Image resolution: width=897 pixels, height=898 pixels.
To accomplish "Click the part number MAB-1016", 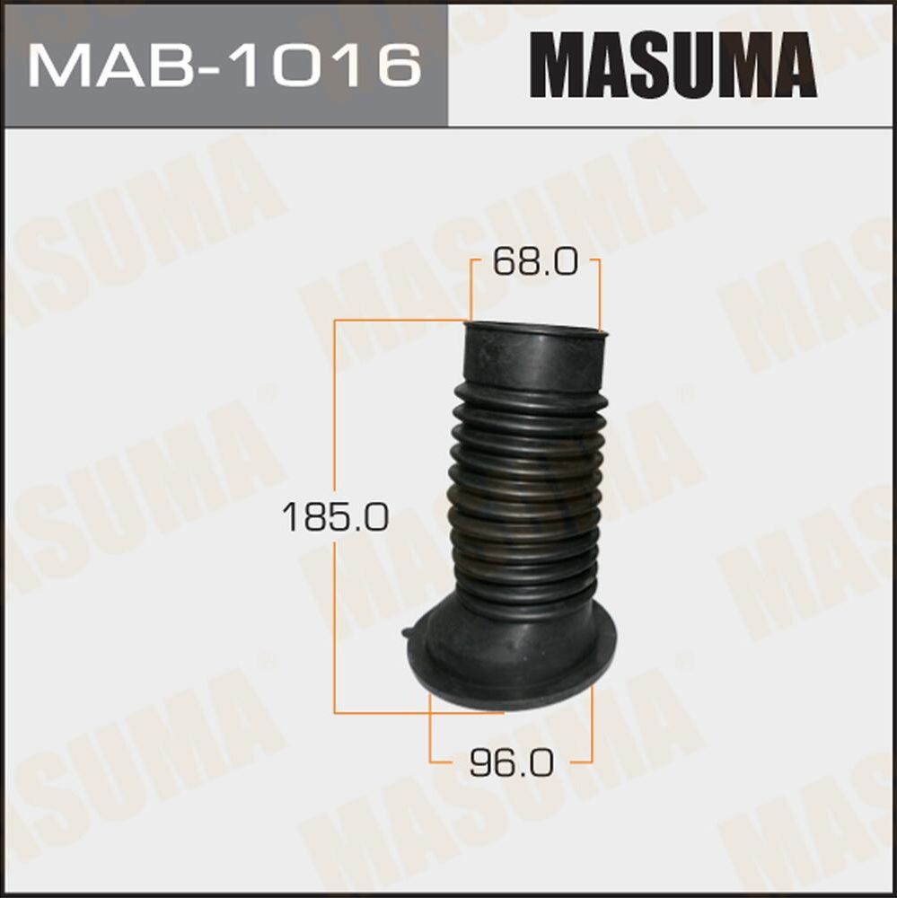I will point(224,64).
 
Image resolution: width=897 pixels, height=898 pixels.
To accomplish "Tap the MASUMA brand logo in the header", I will point(673,65).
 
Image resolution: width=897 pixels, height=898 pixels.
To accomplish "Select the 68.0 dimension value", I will point(534,265).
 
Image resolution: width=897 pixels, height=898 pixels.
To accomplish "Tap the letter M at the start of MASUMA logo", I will point(559,65).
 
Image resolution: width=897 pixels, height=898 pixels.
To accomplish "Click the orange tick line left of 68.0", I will point(470,287).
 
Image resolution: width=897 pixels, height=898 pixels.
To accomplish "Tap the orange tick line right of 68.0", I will point(598,292).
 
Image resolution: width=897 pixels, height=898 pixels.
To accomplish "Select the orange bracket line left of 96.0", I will point(430,732).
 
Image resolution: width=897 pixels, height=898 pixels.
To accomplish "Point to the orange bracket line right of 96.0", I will point(593,727).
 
